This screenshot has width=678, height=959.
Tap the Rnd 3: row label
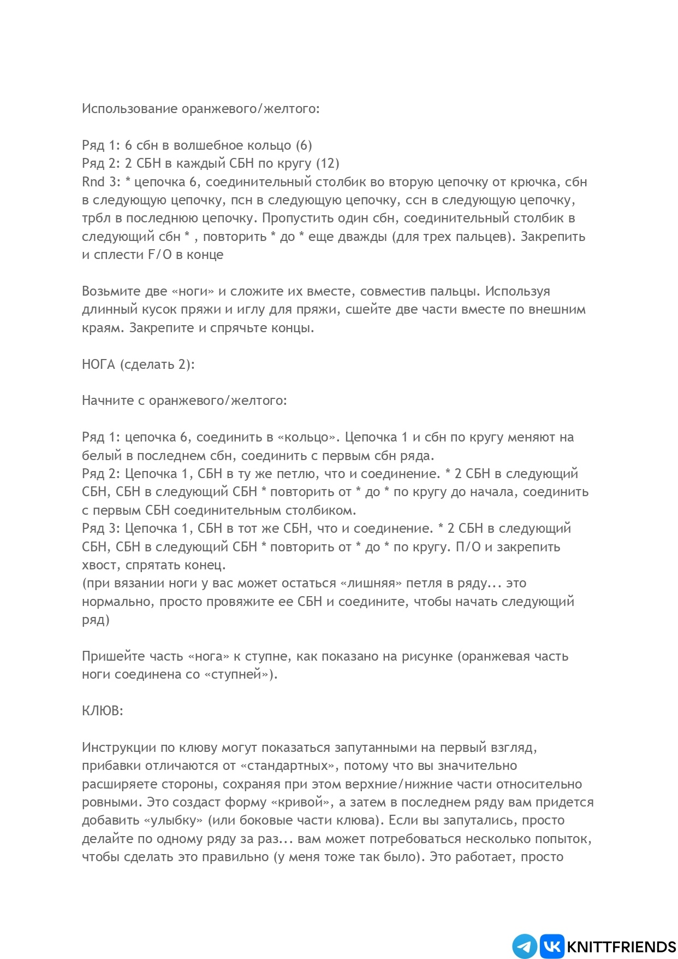point(101,182)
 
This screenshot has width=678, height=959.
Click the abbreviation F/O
point(159,255)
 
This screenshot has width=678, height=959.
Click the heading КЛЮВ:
point(103,711)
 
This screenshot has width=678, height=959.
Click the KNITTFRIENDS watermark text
point(622,947)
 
